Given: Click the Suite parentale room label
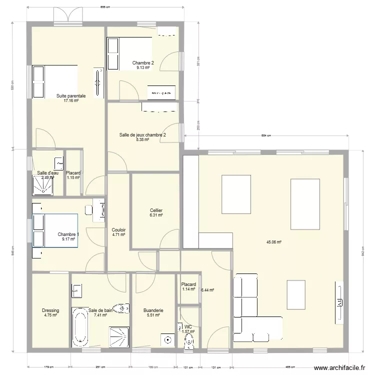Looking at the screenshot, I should tap(71, 95).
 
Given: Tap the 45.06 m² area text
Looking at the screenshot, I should tap(274, 242).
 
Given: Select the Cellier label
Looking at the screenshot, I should tap(156, 210).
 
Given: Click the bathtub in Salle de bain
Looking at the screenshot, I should tap(79, 327).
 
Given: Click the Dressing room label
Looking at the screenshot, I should tap(50, 310).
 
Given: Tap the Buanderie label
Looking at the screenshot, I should tap(153, 310).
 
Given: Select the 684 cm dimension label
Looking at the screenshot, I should tap(265, 136).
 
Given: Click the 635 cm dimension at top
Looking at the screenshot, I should tap(105, 7).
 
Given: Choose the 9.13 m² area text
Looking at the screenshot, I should tap(143, 67).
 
